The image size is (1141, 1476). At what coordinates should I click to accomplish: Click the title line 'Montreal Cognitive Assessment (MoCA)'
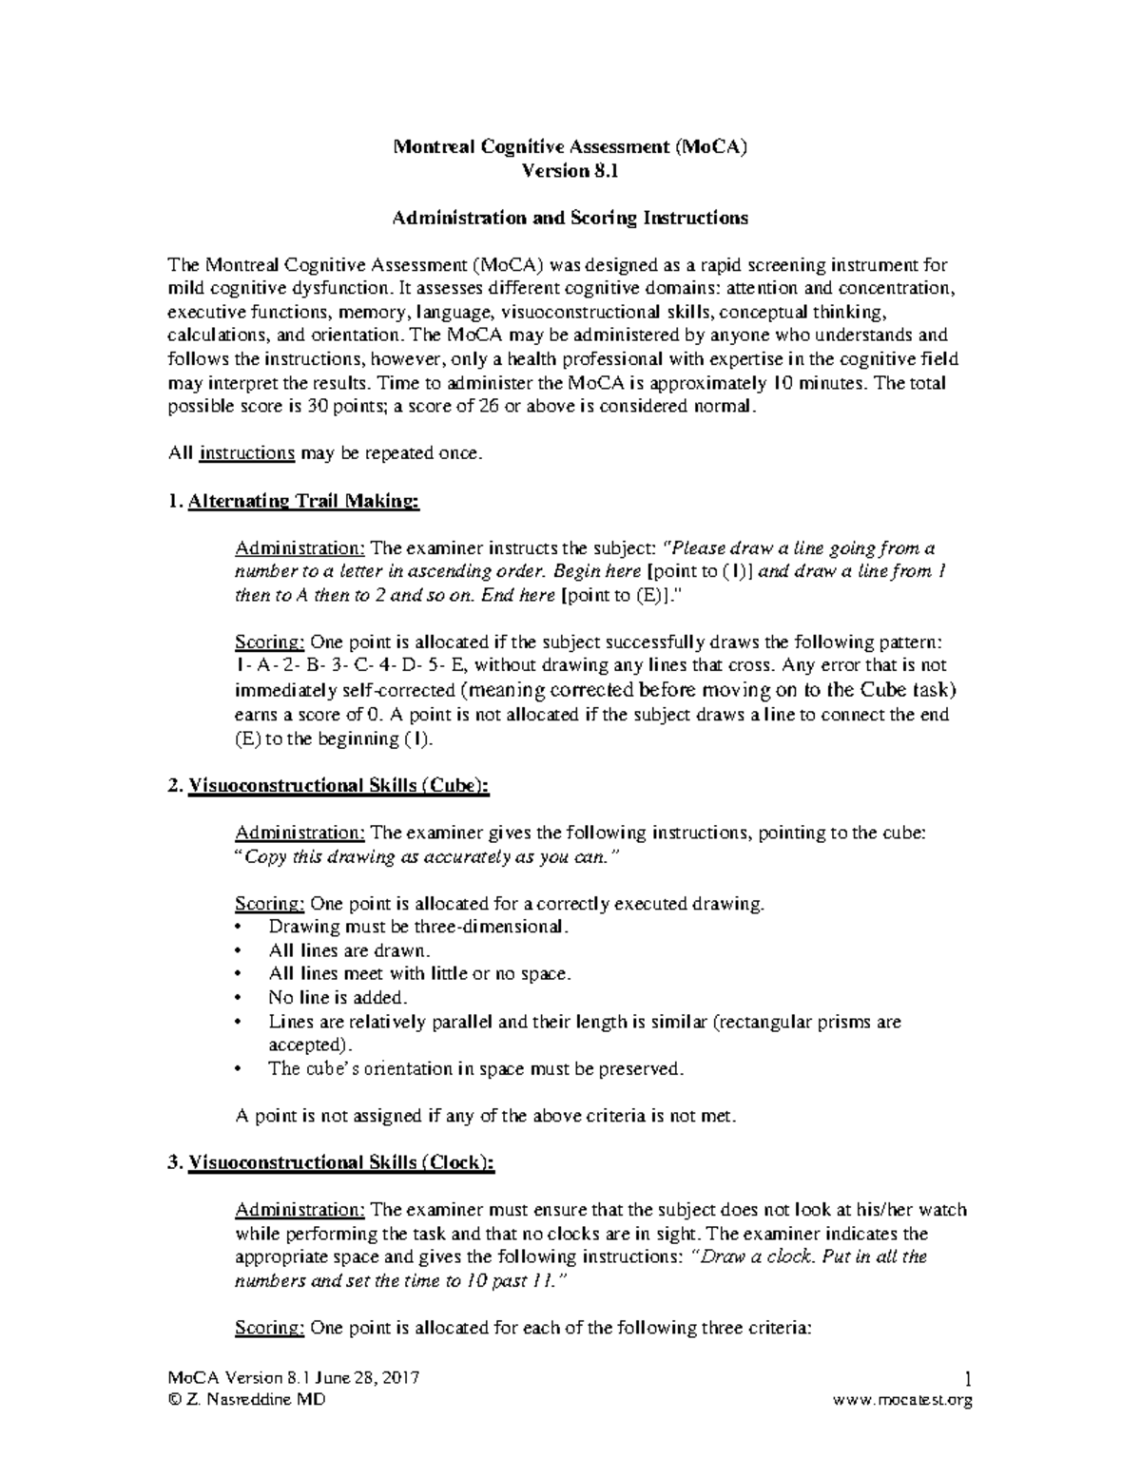570,146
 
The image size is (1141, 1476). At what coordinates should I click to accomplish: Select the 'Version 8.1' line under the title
570,171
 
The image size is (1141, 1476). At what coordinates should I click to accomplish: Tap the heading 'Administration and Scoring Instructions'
570,218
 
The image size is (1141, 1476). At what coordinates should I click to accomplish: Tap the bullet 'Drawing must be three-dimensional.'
419,926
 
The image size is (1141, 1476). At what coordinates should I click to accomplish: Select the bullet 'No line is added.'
338,997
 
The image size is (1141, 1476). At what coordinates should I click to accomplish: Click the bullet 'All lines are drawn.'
350,949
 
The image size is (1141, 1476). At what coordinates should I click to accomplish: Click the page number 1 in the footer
966,1379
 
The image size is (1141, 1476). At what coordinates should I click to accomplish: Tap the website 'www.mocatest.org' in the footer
902,1400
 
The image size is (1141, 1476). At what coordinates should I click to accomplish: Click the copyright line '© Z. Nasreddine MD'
246,1400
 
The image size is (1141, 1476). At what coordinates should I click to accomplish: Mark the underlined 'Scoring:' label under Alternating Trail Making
270,642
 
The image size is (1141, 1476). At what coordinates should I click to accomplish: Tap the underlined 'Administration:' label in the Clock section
300,1210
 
